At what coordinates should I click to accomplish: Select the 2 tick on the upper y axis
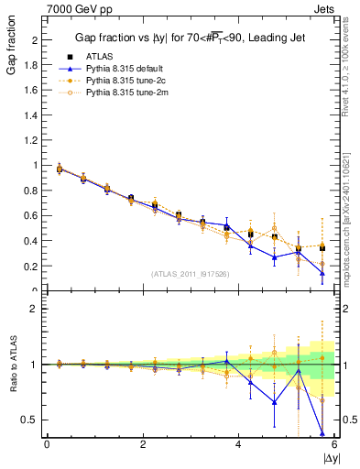click(x=35, y=40)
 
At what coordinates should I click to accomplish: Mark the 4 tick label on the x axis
click(x=238, y=444)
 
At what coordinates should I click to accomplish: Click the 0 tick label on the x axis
click(x=47, y=444)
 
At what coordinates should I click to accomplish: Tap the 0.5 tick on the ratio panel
click(x=30, y=420)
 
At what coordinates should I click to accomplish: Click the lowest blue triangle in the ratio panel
click(x=322, y=432)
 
